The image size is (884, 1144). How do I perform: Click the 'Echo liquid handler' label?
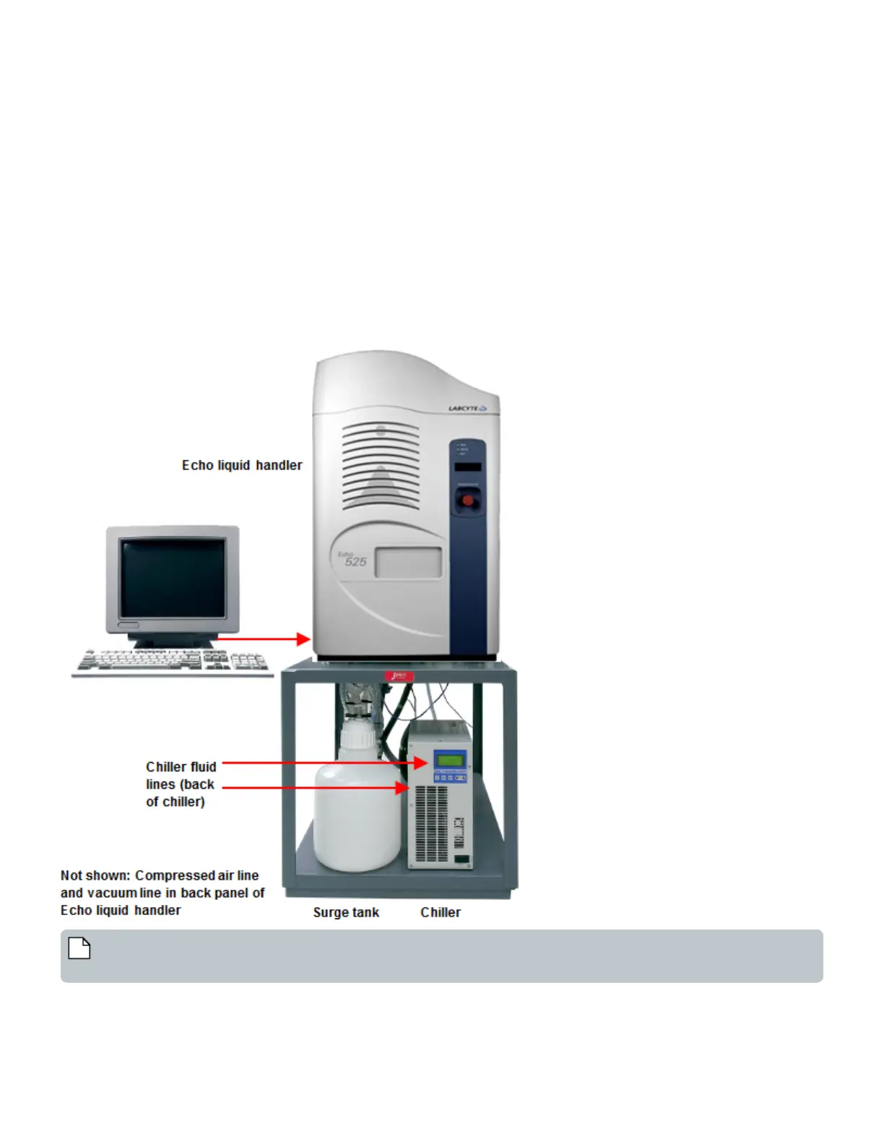click(242, 466)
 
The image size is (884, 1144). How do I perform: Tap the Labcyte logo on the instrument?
click(467, 409)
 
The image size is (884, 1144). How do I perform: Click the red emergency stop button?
click(468, 500)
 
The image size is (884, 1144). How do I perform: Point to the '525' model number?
click(355, 562)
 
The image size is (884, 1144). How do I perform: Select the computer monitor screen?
click(173, 578)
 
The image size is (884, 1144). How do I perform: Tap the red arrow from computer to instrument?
click(264, 638)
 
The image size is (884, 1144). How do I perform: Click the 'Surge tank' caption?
click(346, 912)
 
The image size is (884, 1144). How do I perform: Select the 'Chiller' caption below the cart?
click(441, 912)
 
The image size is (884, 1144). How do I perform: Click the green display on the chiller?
click(450, 760)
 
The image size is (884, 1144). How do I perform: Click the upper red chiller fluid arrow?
click(325, 763)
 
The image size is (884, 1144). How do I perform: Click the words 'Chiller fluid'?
click(181, 767)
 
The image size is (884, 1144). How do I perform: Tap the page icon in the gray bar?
click(79, 948)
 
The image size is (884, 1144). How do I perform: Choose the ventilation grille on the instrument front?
click(381, 466)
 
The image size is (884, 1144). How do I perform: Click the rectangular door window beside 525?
click(408, 563)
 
